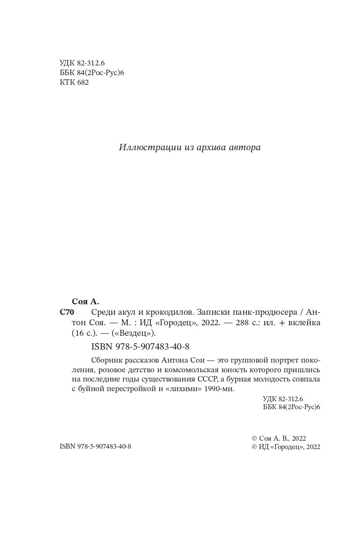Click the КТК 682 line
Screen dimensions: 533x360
click(x=74, y=83)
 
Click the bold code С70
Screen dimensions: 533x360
click(x=67, y=312)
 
